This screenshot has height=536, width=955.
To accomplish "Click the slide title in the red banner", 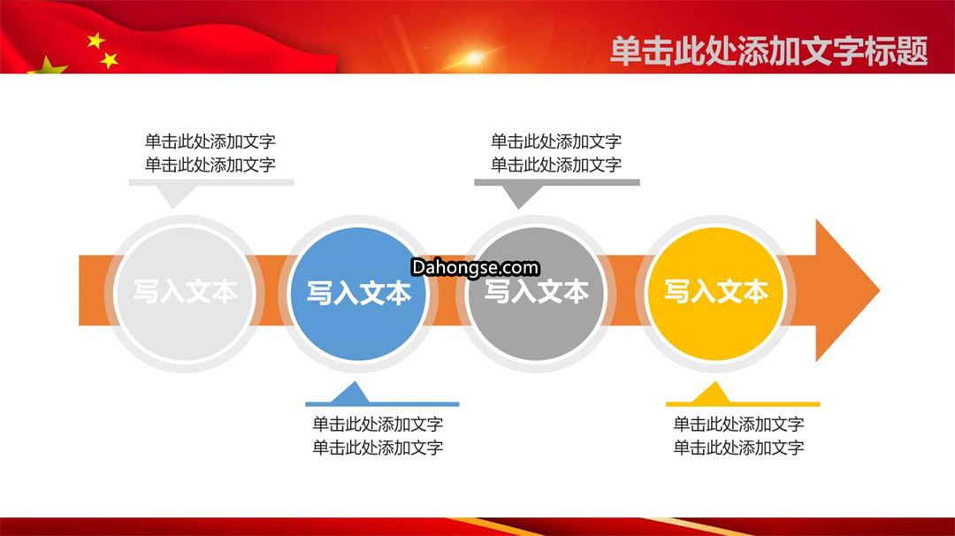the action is pyautogui.click(x=768, y=51).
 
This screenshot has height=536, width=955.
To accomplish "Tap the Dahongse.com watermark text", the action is pyautogui.click(x=475, y=267).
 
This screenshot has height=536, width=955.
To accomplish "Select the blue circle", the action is pyautogui.click(x=358, y=294).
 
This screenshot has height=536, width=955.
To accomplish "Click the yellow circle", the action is pyautogui.click(x=715, y=294).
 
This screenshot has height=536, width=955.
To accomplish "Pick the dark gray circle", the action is pyautogui.click(x=536, y=294).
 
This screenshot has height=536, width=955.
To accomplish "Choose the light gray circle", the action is pyautogui.click(x=184, y=294).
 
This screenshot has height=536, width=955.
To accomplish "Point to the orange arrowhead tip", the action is pyautogui.click(x=880, y=290).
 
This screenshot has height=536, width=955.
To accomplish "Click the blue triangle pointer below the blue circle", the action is pyautogui.click(x=351, y=393).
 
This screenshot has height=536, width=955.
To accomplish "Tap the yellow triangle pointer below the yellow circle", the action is pyautogui.click(x=713, y=393).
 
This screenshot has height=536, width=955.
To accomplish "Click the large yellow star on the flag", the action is pyautogui.click(x=48, y=65).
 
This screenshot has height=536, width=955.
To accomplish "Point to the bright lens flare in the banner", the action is pyautogui.click(x=474, y=58).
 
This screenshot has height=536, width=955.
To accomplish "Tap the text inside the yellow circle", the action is pyautogui.click(x=715, y=292).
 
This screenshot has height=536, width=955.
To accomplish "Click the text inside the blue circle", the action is pyautogui.click(x=359, y=293).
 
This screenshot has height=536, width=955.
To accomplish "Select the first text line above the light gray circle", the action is pyautogui.click(x=210, y=142).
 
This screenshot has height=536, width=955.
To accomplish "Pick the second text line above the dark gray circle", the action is pyautogui.click(x=556, y=165).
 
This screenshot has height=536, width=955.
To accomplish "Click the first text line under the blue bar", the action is pyautogui.click(x=378, y=424).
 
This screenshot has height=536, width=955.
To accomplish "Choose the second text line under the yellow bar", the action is pyautogui.click(x=738, y=448).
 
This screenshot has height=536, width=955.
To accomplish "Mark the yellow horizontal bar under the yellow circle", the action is pyautogui.click(x=743, y=404).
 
